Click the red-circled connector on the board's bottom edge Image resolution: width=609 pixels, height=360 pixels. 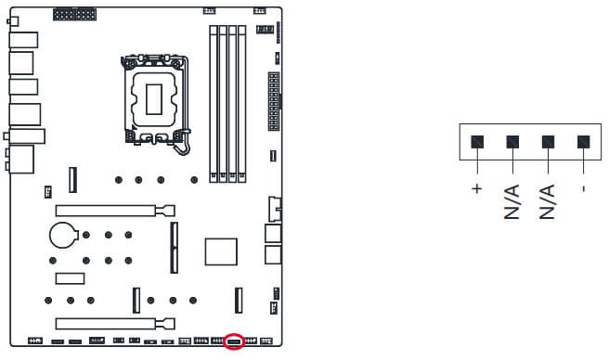coord(235,341)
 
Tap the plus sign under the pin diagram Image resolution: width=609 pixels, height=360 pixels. coord(477,188)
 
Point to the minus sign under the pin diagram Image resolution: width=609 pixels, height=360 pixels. coord(583,188)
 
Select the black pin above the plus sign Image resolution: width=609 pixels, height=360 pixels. coord(477,142)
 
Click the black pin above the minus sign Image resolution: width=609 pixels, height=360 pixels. coord(583,142)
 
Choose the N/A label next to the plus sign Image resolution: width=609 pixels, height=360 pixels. coord(512,202)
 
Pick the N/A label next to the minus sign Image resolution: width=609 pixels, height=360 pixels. coord(547,202)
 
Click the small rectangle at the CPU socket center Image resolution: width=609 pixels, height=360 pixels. coord(154,99)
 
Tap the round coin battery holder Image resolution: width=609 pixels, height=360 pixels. coord(64,235)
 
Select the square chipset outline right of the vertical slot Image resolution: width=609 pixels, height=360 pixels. coord(221,252)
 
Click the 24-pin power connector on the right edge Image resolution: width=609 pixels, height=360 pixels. coord(274,101)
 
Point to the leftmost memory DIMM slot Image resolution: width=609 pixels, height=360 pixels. coord(214,104)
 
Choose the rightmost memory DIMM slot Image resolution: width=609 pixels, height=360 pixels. coord(241,104)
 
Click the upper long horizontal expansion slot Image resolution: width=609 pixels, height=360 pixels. coord(115,211)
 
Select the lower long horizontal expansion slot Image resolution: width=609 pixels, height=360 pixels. coord(115,324)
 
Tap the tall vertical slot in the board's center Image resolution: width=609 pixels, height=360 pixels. coord(175,248)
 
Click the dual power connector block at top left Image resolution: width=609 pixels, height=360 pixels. coord(74,14)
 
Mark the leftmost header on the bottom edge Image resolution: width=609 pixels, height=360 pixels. coord(35,341)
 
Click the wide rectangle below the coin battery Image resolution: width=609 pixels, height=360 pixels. coord(70,278)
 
